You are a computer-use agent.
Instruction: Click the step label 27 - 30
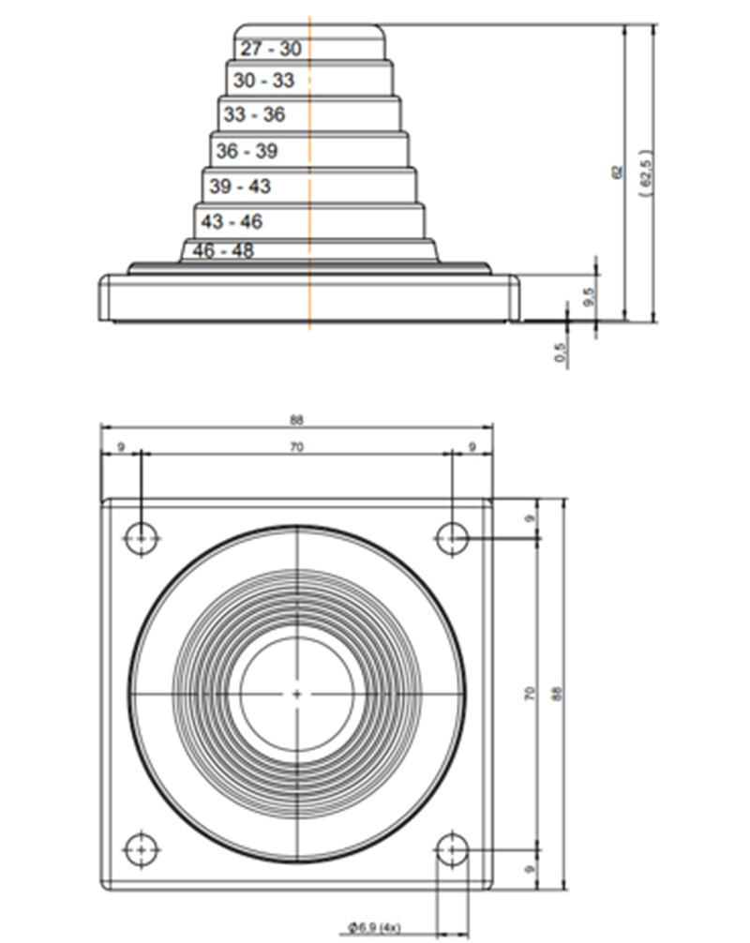tap(271, 50)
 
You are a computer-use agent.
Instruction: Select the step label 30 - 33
tap(263, 82)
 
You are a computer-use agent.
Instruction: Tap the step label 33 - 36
tap(254, 115)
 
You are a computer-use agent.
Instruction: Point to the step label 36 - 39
tap(247, 151)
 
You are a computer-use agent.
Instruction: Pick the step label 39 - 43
tap(240, 187)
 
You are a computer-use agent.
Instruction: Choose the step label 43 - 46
tap(232, 222)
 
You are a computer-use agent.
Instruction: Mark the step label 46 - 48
tap(223, 251)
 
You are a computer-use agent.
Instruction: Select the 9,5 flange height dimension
tap(589, 298)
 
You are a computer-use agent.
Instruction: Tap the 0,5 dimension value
tap(562, 352)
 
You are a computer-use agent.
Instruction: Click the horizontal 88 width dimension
tap(297, 419)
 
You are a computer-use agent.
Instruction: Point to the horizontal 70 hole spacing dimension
tap(296, 449)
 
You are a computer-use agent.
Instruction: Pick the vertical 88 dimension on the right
tap(556, 694)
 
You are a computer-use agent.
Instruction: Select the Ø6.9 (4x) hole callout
tap(374, 927)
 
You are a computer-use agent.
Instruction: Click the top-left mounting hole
tap(142, 538)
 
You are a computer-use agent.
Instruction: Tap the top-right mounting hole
tap(452, 538)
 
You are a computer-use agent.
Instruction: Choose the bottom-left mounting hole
tap(142, 848)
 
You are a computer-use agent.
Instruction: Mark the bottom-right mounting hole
tap(452, 849)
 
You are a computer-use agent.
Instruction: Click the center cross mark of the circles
tap(297, 694)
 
